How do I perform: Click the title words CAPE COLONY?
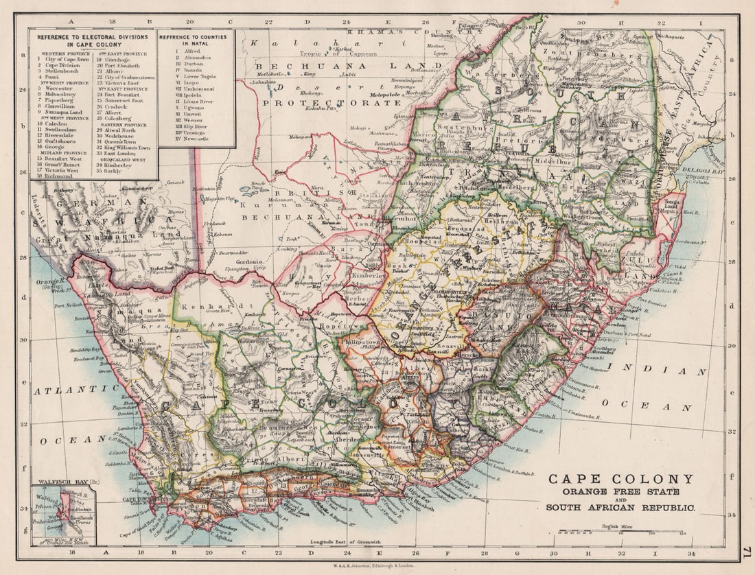(620, 479)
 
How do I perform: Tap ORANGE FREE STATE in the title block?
(620, 492)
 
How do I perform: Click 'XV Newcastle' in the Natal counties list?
(194, 138)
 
